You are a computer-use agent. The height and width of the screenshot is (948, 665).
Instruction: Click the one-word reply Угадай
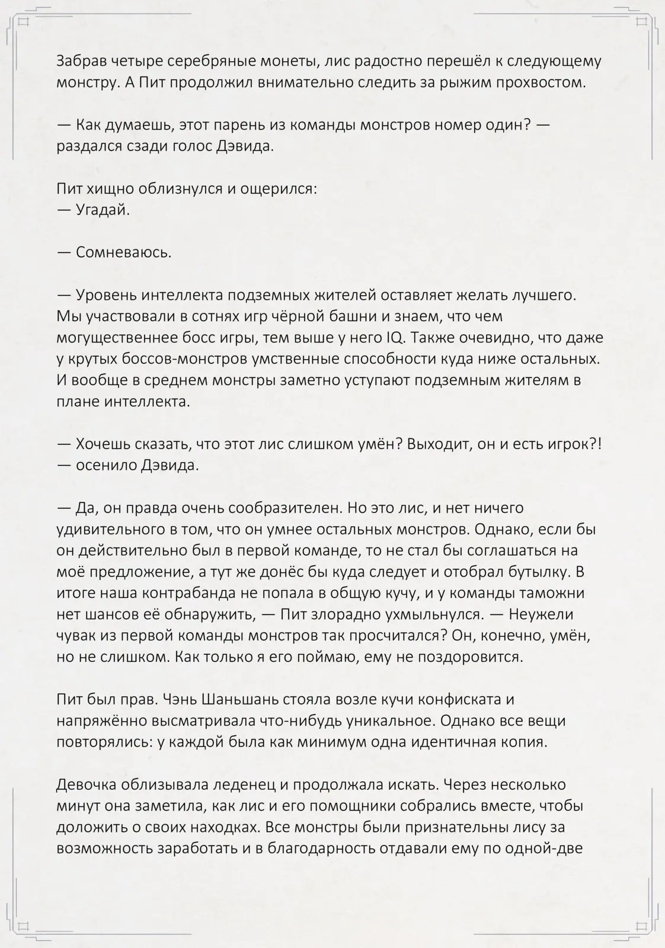103,210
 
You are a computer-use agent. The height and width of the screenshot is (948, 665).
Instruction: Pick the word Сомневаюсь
123,252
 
